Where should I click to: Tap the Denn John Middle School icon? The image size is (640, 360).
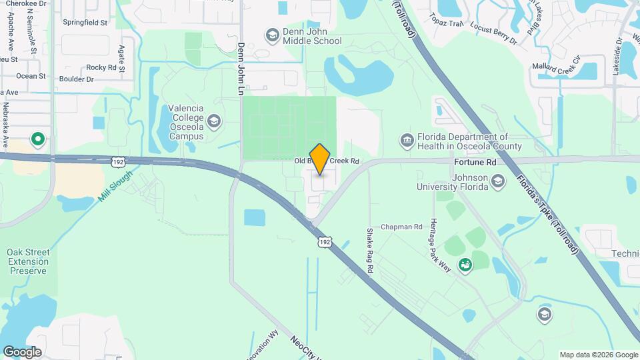pos(272,34)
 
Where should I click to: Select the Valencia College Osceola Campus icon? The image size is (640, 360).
pos(213,121)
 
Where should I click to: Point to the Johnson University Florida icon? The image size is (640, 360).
pos(498,181)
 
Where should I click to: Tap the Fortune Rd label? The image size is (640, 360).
pos(475,162)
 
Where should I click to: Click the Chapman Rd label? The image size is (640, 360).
pos(401,227)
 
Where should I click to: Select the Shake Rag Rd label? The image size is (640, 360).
pos(369,250)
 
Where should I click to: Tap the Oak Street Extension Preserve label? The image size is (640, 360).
pos(28,261)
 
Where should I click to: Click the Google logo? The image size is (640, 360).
pos(22,351)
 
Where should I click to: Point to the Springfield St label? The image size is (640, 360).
pos(85,22)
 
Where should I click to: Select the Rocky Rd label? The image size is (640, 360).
pos(101,67)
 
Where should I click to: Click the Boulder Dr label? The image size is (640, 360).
pos(77,79)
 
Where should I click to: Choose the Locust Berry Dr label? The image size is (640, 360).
pos(493,33)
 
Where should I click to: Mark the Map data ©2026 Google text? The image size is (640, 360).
pos(598,355)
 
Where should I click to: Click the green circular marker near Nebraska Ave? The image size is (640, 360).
pos(38,139)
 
